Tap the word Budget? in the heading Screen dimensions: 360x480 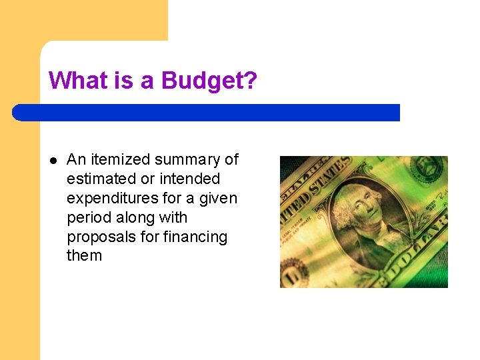[x=209, y=81]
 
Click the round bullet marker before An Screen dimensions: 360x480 [x=53, y=160]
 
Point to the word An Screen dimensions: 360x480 [x=77, y=160]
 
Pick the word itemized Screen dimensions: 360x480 [x=120, y=160]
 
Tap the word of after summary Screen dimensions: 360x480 [x=231, y=160]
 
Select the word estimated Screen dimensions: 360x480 [x=97, y=179]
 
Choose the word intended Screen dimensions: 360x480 [x=190, y=179]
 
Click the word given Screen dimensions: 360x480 [x=218, y=199]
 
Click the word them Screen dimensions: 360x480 [x=85, y=256]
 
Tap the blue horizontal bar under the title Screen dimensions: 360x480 [x=206, y=113]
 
